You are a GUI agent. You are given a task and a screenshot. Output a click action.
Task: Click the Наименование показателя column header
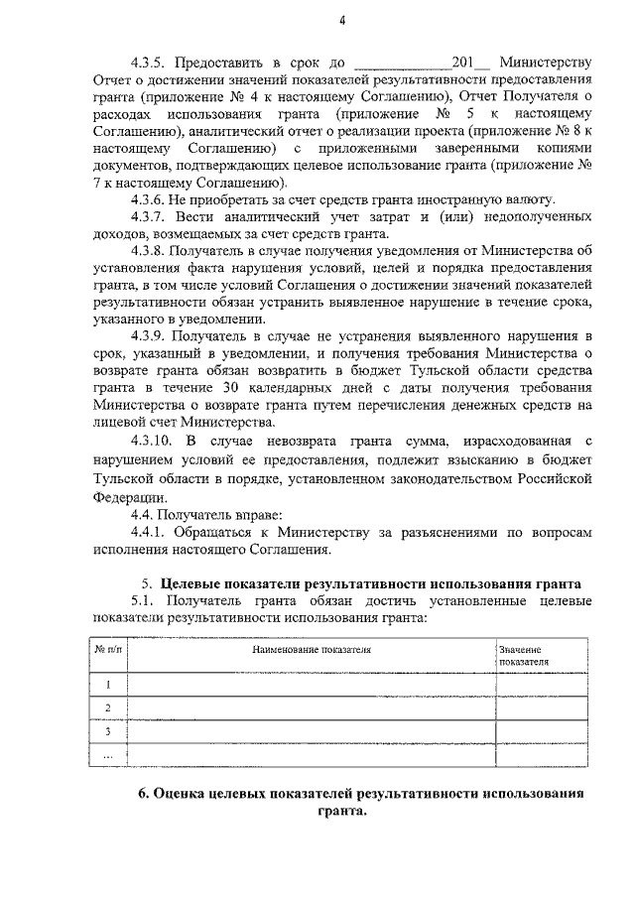tap(312, 650)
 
